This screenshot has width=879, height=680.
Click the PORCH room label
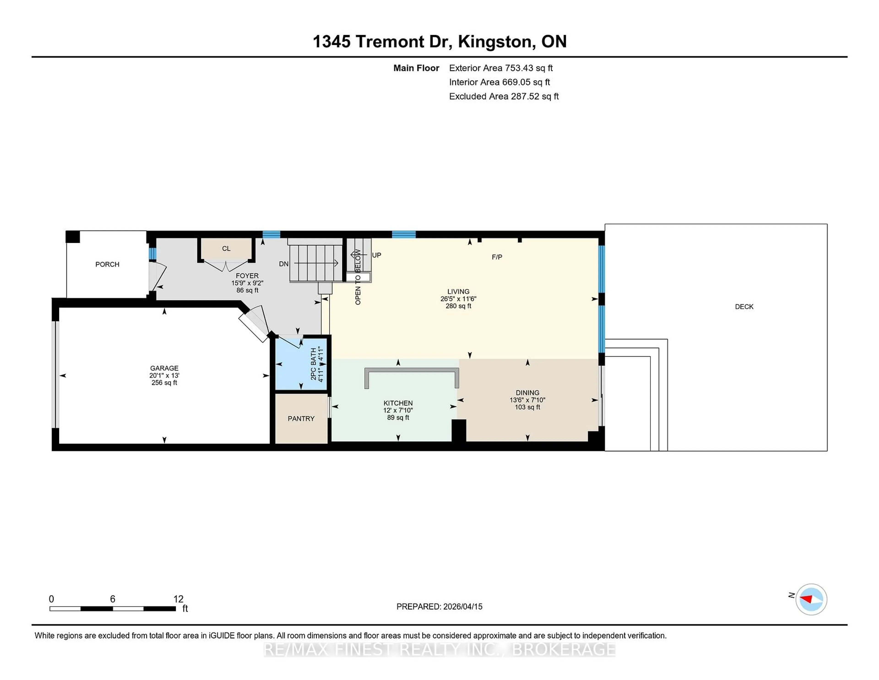107,264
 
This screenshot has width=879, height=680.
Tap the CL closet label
226,249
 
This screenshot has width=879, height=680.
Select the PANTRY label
301,419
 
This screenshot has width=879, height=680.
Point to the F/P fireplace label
497,257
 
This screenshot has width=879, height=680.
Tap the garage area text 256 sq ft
164,383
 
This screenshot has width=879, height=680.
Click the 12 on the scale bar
178,599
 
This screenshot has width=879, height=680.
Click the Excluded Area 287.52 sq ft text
504,96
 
